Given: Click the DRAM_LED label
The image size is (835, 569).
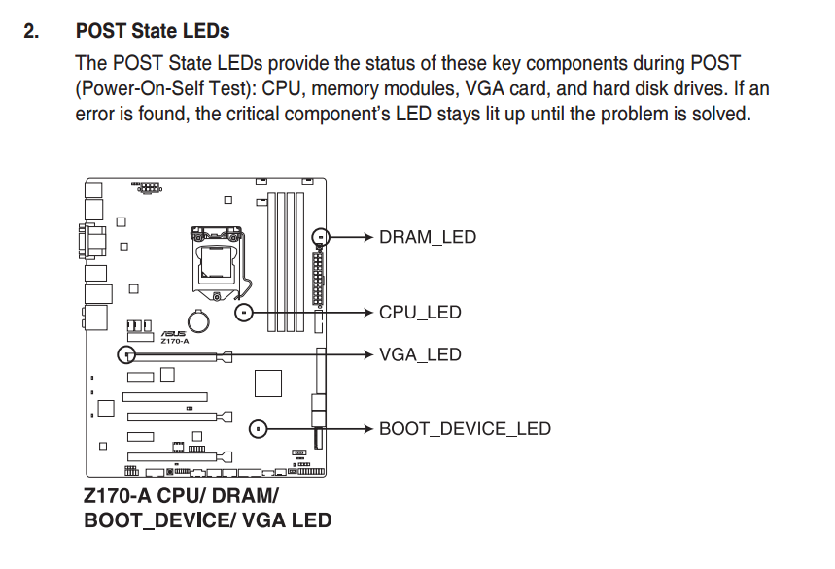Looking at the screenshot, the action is coord(427,237).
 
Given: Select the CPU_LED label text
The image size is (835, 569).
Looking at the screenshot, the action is coord(420,312).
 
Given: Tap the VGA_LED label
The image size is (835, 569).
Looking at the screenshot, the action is coord(420,354).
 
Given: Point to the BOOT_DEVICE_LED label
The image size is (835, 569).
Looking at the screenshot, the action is coord(465,429).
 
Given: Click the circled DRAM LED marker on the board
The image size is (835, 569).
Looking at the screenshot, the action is coord(320,237).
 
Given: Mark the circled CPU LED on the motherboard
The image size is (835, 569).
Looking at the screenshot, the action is coord(244,312).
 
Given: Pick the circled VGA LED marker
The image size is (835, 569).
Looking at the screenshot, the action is coord(126,354).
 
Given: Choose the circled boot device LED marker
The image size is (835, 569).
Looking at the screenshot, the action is coord(259,429).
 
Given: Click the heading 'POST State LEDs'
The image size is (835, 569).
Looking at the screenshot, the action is coord(153,31).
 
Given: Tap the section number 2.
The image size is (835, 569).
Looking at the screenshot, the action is coord(31,31).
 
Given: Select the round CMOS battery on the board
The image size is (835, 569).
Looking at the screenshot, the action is coord(198,321).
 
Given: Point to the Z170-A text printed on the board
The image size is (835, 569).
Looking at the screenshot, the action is coord(175,341).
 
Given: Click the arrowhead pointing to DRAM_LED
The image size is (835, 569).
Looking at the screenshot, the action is coord(368,237).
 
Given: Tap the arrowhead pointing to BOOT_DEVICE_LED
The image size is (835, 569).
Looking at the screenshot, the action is coord(368,429).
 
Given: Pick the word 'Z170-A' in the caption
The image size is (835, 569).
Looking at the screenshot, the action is coord(118,495).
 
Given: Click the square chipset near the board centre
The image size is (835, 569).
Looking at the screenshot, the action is coord(268,384).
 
